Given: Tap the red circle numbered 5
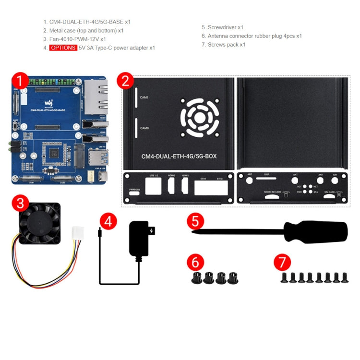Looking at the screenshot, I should coord(194,222).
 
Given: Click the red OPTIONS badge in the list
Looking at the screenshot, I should coord(63,48).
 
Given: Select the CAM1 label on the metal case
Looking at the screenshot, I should coord(144,97).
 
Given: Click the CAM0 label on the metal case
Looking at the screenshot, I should coord(144,128).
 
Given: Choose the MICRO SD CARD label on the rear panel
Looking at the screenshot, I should coord(272,192).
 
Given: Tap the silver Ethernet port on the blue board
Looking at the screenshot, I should coord(95,96).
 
